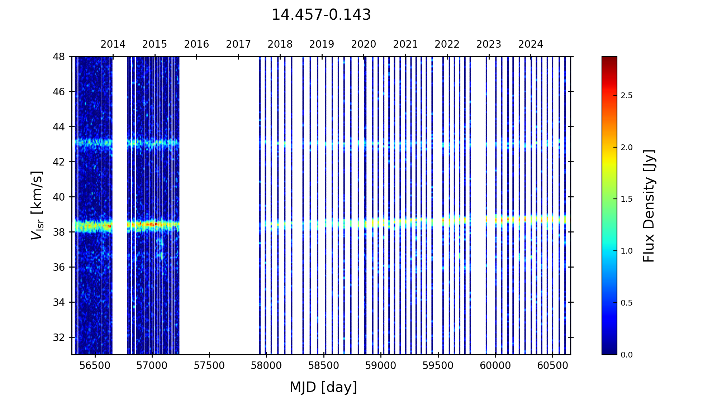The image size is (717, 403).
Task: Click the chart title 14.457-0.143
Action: [321, 15]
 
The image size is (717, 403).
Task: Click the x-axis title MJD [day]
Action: [323, 387]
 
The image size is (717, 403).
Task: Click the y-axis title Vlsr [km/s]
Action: [37, 205]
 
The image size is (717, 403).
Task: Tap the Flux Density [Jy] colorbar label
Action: [649, 206]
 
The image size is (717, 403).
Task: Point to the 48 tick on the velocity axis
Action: [59, 57]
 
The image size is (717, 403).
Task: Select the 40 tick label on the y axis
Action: [59, 197]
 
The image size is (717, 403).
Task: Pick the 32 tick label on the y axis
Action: [59, 337]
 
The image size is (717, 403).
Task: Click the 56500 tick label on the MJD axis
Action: [95, 366]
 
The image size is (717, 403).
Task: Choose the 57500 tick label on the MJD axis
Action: [209, 366]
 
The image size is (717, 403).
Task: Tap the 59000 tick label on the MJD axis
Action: [381, 366]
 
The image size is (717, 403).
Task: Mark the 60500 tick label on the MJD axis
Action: [552, 366]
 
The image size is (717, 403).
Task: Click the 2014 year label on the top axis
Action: [113, 44]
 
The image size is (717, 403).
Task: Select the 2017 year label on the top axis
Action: [238, 44]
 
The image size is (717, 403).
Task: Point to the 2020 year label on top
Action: [364, 44]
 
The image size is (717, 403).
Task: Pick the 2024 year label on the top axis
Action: [531, 44]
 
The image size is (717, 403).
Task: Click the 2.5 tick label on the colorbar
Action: [627, 96]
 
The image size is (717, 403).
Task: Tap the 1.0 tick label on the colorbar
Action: [627, 251]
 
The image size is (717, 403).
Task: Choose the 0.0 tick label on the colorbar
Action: [627, 355]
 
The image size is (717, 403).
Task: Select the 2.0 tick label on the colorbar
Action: [627, 148]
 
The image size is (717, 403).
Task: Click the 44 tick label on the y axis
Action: [59, 127]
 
